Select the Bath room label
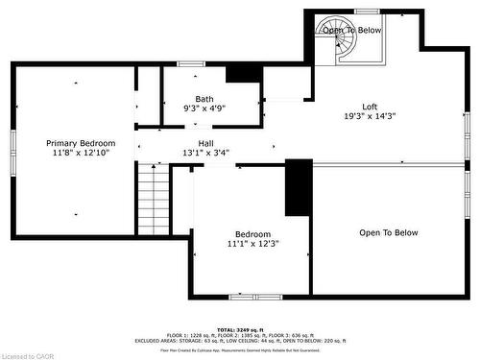(204, 99)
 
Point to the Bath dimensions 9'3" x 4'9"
(204, 108)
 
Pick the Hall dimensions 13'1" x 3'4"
(205, 153)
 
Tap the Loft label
(370, 107)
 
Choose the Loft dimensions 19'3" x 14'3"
(370, 116)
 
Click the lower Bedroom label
(252, 234)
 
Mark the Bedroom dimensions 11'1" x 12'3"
(252, 245)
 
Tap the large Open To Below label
(389, 232)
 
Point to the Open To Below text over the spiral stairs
(351, 31)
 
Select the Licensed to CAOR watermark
(30, 354)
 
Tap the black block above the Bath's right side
(238, 74)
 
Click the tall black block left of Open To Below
(299, 187)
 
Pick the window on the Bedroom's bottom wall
(254, 296)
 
